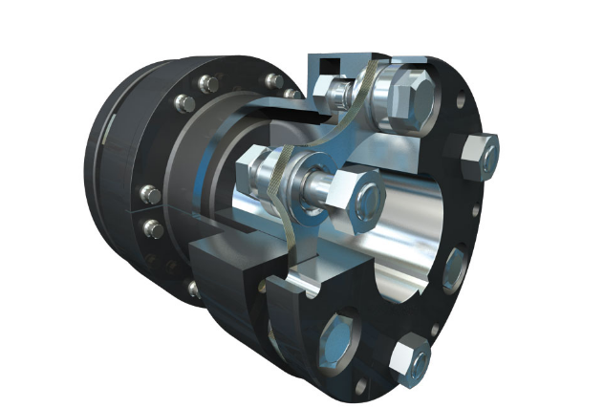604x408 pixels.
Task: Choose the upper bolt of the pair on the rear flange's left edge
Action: click(x=149, y=195)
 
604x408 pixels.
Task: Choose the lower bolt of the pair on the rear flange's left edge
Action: click(x=151, y=228)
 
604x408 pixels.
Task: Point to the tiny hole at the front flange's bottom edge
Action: click(x=361, y=387)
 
